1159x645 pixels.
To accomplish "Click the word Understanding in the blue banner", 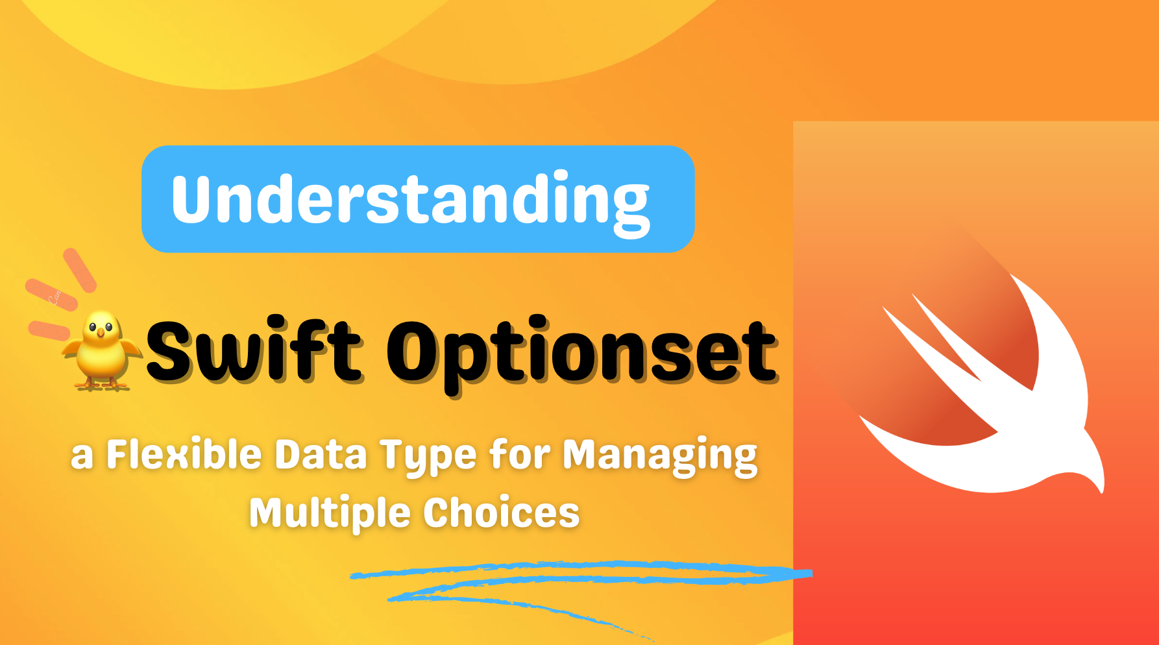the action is coord(410,201).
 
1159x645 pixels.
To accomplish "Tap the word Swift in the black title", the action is coord(253,351).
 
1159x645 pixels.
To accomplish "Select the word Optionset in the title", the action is coord(582,354).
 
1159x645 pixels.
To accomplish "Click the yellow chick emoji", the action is coord(101,350).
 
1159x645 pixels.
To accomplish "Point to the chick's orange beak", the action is coord(101,334).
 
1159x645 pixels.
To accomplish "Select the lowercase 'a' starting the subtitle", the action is coord(82,457).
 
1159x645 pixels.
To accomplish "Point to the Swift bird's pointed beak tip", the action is coord(1101,490).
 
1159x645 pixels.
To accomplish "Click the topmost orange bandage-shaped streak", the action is coord(80,270).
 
